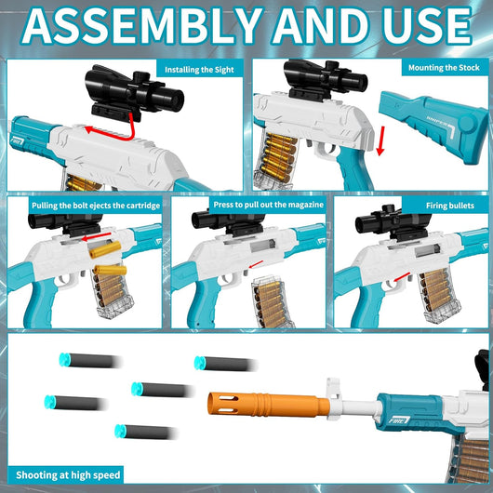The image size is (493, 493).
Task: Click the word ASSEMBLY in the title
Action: click(x=142, y=26)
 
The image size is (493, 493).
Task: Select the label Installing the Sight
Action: click(x=199, y=70)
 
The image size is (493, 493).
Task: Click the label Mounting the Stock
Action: click(x=444, y=67)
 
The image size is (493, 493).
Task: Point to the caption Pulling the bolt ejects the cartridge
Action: click(x=96, y=206)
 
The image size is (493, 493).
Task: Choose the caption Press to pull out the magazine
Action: click(x=269, y=205)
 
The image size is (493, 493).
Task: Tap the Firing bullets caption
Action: click(x=450, y=206)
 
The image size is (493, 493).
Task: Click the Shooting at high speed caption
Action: click(x=68, y=474)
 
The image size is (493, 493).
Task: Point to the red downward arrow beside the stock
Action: click(x=380, y=141)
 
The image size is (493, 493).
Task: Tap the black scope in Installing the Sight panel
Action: click(x=134, y=93)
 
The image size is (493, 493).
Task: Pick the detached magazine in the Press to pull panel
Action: click(x=271, y=301)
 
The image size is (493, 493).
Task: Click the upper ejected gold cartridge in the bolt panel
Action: click(x=105, y=249)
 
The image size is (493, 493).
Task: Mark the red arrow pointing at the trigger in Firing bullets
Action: click(x=402, y=277)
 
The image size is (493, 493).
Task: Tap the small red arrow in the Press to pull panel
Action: click(x=256, y=264)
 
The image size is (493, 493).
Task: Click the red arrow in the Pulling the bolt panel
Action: click(x=96, y=236)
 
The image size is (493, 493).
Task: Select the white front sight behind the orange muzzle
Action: click(x=334, y=399)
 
